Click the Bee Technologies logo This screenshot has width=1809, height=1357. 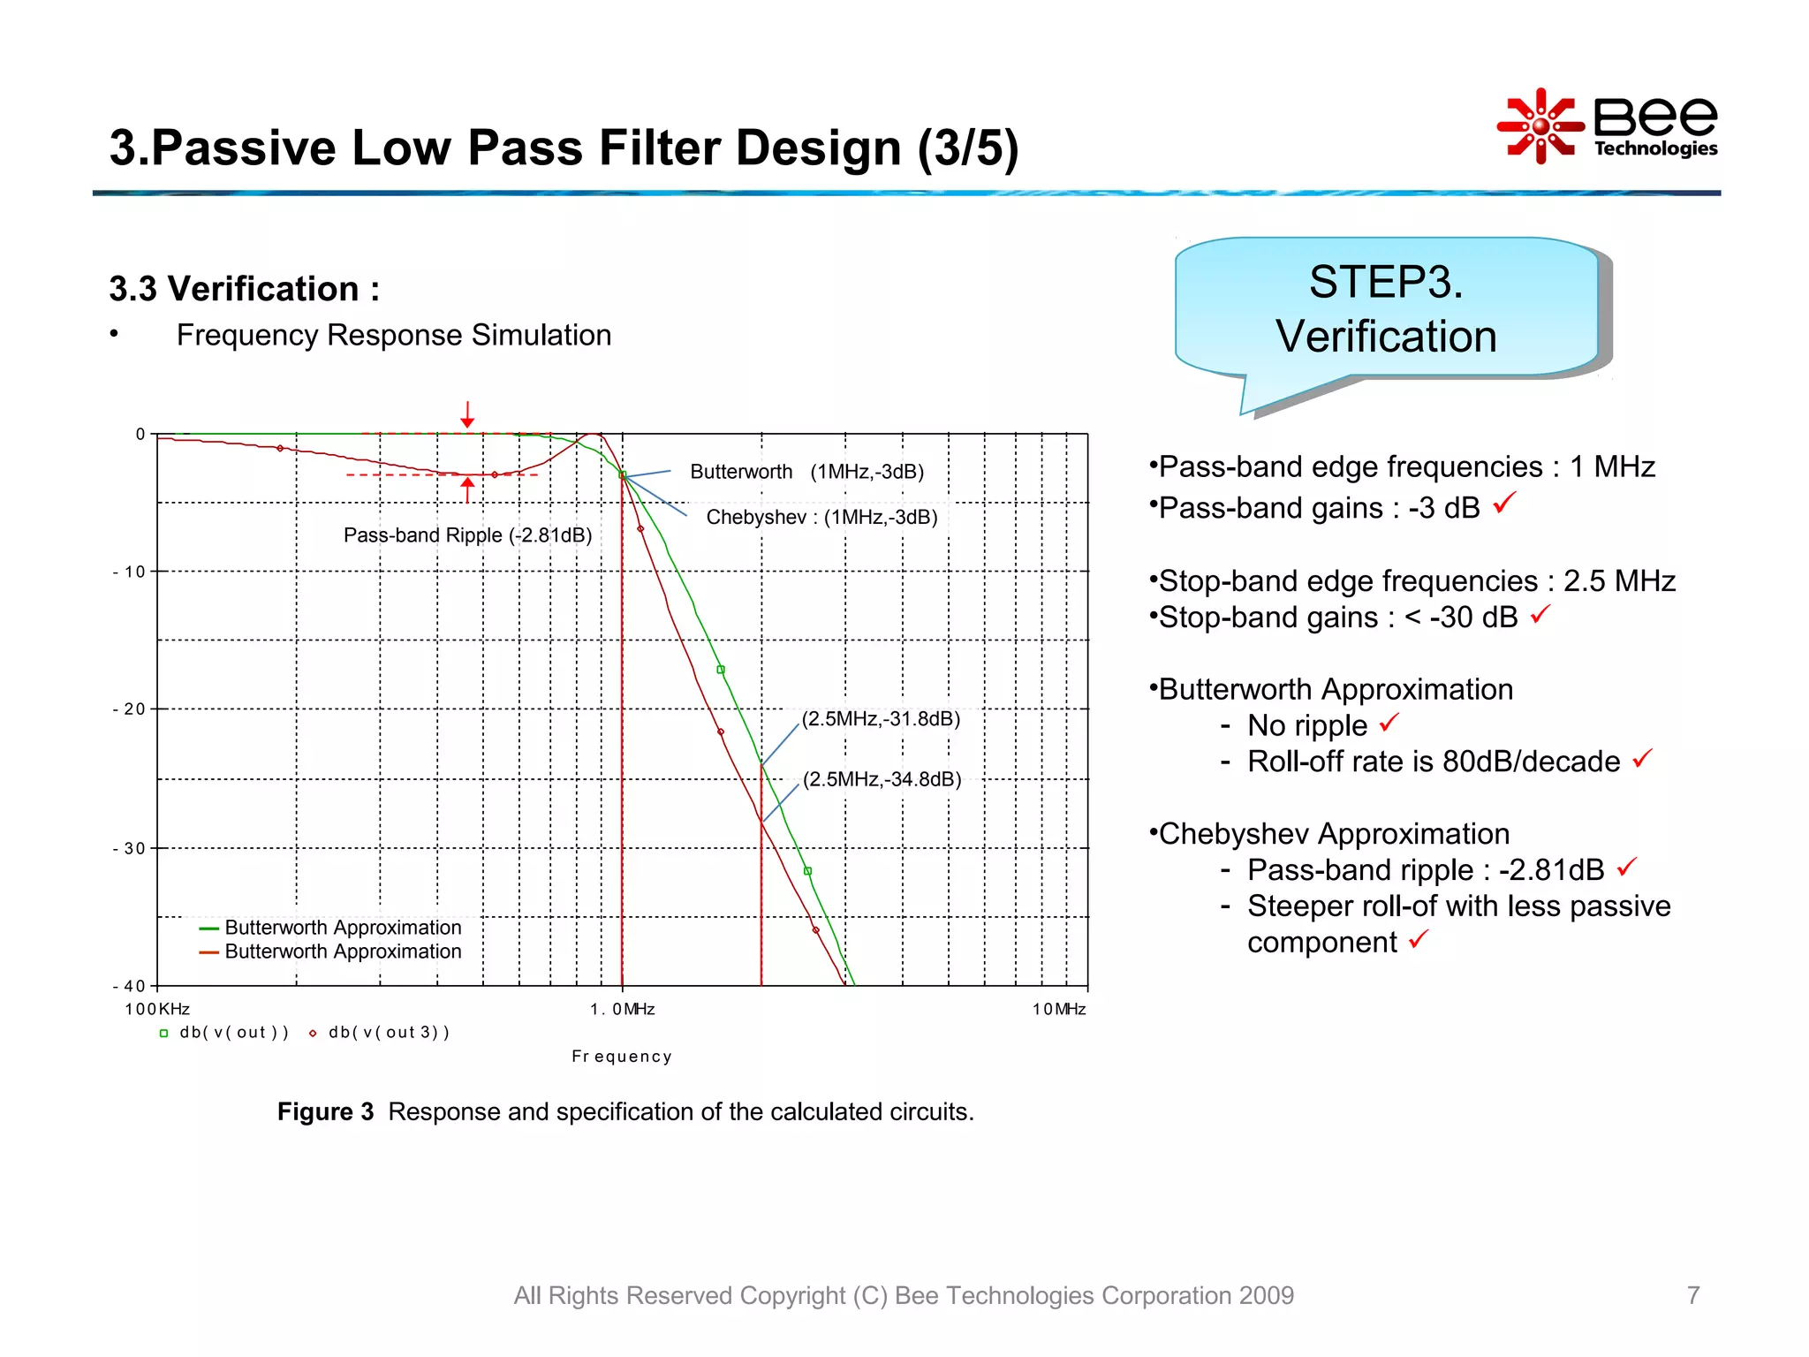1608,126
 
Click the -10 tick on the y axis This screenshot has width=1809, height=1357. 129,572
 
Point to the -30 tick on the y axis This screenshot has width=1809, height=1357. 129,848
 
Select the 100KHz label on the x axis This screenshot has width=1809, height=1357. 157,1009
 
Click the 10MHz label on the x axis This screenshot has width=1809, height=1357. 1058,1009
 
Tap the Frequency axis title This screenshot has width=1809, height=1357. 621,1057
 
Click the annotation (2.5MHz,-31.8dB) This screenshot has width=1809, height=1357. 880,718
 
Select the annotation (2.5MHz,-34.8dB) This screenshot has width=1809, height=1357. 882,779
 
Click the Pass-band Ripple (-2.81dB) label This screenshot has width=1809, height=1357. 467,535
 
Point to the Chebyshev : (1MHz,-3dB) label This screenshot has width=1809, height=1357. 821,517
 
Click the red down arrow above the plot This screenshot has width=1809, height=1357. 467,414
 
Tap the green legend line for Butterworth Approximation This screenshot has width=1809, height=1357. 209,929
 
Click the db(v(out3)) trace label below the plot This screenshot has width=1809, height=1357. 389,1032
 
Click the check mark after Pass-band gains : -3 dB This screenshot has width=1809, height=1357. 1504,504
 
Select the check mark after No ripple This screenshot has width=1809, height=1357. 1389,723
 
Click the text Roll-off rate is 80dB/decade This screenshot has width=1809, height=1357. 1433,762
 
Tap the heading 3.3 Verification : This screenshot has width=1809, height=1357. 244,289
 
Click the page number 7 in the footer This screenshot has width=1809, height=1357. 1692,1295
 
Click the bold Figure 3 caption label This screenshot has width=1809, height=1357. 325,1111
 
